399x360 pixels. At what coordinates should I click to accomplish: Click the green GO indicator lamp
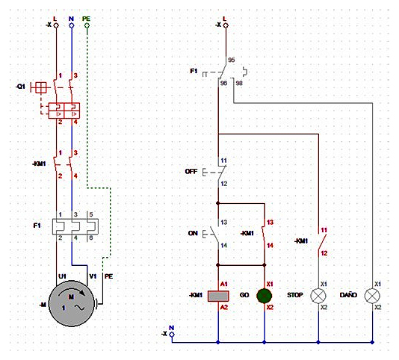[x=265, y=296]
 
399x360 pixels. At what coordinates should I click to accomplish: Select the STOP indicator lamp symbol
[x=318, y=296]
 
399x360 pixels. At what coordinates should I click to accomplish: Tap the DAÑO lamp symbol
[x=372, y=296]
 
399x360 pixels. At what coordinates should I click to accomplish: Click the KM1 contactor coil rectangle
[x=218, y=296]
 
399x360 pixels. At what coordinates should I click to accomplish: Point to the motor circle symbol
[x=71, y=303]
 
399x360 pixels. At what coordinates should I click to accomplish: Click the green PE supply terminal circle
[x=87, y=25]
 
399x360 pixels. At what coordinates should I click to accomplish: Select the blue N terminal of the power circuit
[x=72, y=25]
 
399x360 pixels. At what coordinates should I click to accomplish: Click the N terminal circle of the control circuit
[x=172, y=335]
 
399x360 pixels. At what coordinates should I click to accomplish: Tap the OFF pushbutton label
[x=191, y=172]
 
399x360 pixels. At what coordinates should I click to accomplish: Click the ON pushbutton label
[x=193, y=233]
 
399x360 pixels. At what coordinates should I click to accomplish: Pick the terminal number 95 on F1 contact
[x=231, y=60]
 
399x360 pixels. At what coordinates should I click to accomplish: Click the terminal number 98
[x=239, y=83]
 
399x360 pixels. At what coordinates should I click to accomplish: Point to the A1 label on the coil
[x=223, y=284]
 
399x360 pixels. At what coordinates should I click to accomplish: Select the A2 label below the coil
[x=223, y=307]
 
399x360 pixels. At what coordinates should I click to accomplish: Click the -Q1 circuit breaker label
[x=20, y=87]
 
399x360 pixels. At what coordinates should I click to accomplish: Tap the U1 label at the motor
[x=62, y=276]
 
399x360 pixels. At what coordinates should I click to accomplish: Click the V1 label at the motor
[x=93, y=276]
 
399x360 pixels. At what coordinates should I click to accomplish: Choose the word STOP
[x=295, y=295]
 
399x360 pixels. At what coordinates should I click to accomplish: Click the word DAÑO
[x=348, y=294]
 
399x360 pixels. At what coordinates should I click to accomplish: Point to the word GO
[x=244, y=295]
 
